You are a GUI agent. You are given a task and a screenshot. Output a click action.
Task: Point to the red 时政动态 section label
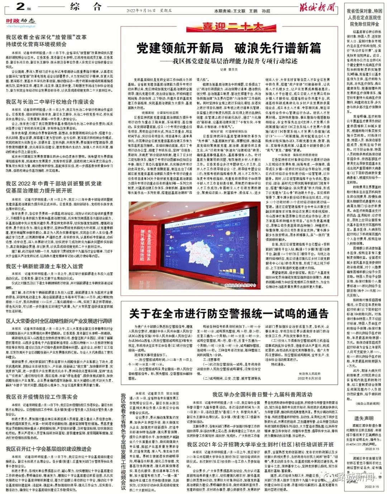tap(20, 21)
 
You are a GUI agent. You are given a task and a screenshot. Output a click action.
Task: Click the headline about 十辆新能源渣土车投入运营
tap(44, 266)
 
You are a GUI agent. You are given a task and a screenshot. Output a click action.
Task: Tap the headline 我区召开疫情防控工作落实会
tap(42, 397)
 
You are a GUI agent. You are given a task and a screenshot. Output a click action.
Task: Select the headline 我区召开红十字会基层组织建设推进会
tap(48, 449)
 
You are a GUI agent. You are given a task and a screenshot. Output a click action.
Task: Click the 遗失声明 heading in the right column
tap(364, 418)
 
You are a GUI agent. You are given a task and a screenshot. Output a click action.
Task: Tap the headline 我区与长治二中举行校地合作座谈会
tap(50, 102)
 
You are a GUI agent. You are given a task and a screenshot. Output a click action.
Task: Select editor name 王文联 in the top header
tap(239, 11)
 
